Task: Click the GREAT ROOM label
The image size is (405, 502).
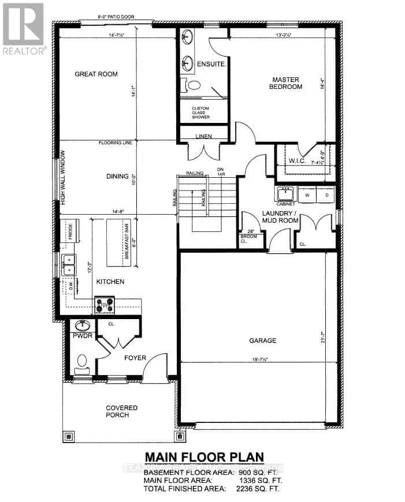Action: click(96, 74)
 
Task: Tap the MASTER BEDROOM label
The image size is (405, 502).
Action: click(288, 83)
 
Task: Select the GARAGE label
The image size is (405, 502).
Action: click(263, 340)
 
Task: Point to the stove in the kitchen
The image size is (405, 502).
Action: click(105, 304)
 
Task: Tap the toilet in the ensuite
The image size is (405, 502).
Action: click(194, 85)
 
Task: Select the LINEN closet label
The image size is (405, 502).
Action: click(203, 136)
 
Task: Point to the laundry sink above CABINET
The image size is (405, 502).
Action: click(285, 193)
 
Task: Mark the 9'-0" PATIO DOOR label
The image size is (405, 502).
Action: click(116, 17)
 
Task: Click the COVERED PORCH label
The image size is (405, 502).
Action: click(121, 411)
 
